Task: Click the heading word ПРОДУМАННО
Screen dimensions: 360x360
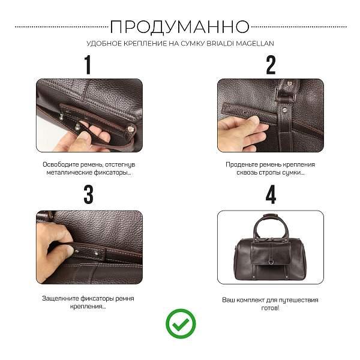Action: click(x=179, y=26)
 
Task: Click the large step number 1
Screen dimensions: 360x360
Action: click(x=88, y=65)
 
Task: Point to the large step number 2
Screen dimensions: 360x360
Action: click(x=271, y=65)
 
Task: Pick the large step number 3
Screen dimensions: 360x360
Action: click(x=88, y=195)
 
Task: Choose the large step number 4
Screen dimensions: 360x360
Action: click(x=271, y=195)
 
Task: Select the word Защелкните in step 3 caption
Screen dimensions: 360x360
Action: click(x=61, y=298)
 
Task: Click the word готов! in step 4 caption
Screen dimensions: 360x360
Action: click(x=270, y=307)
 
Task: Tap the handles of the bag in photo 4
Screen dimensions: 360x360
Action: click(x=269, y=226)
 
